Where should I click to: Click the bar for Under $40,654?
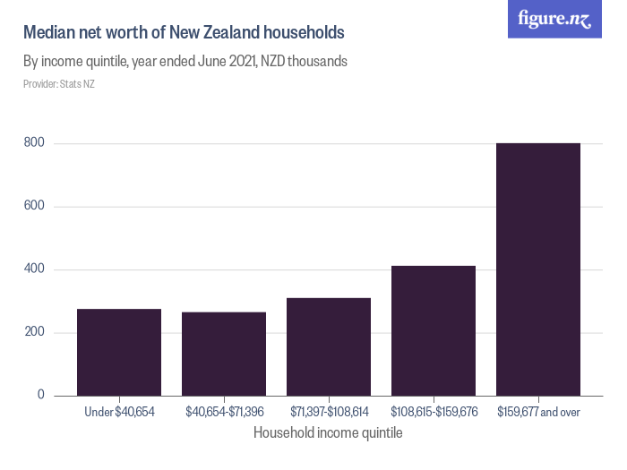pyautogui.click(x=119, y=353)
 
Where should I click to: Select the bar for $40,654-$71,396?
pyautogui.click(x=224, y=354)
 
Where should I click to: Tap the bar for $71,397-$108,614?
pyautogui.click(x=329, y=346)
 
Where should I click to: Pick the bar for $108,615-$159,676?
pyautogui.click(x=434, y=330)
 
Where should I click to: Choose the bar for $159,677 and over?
pyautogui.click(x=538, y=269)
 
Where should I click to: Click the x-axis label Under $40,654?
pyautogui.click(x=119, y=412)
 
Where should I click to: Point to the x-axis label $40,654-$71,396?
pyautogui.click(x=224, y=412)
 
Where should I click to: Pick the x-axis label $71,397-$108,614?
pyautogui.click(x=329, y=412)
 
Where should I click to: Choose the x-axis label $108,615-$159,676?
pyautogui.click(x=434, y=412)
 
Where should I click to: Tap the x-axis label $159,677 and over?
pyautogui.click(x=538, y=412)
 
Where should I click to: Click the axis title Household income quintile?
pyautogui.click(x=328, y=433)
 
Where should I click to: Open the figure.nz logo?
pyautogui.click(x=555, y=19)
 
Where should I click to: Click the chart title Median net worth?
pyautogui.click(x=184, y=33)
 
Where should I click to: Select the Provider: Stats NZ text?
pyautogui.click(x=59, y=84)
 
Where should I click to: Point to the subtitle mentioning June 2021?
pyautogui.click(x=185, y=63)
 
